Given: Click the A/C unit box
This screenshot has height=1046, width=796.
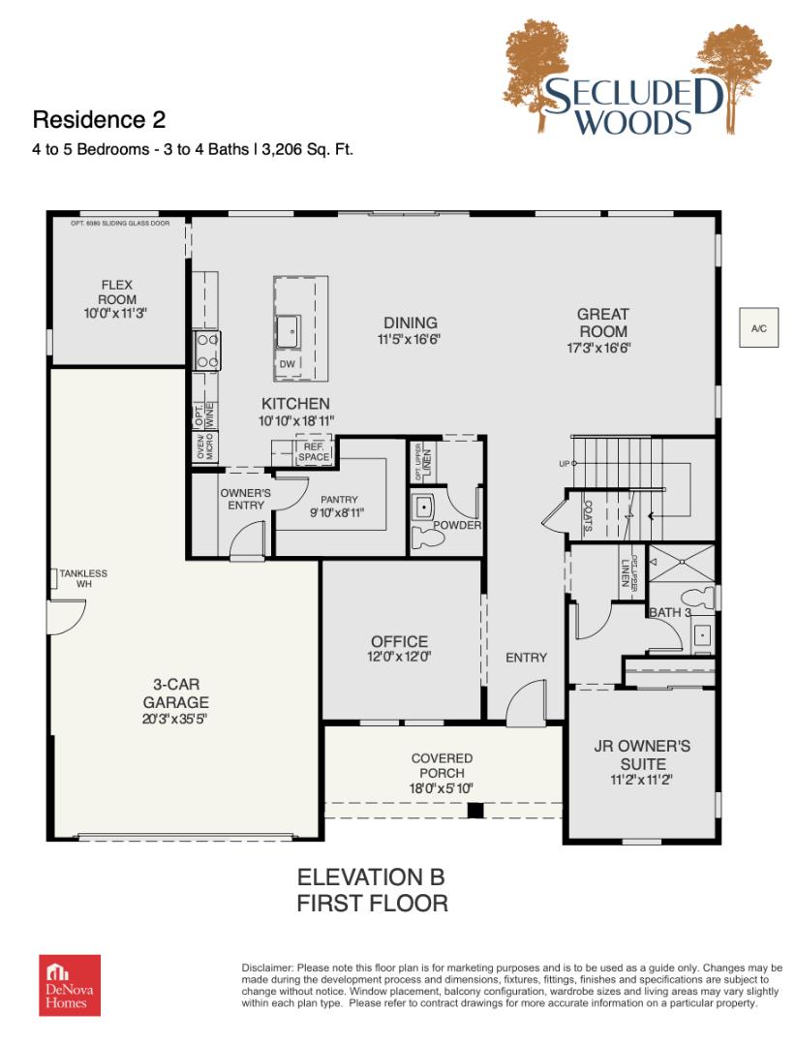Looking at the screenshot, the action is click(758, 327).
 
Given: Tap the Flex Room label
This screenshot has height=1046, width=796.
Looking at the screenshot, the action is click(117, 292).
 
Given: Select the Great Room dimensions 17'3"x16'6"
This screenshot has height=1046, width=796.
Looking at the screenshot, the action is click(598, 348).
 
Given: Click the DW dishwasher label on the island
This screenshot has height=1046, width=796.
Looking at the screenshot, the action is click(287, 363).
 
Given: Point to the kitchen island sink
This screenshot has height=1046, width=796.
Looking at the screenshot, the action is click(289, 332).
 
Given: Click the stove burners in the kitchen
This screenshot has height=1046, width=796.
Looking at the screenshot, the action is click(206, 351).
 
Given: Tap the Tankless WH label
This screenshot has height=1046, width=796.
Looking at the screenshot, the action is click(83, 578).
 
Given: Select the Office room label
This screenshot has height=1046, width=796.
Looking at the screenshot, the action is click(399, 642).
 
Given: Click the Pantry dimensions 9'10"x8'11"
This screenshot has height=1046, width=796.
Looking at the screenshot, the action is click(337, 513).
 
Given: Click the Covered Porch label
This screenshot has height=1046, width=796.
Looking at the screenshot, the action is click(442, 765).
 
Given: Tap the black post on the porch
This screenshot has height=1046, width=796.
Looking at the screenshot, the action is click(475, 811).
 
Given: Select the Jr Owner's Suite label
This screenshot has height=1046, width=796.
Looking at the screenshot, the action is click(642, 755).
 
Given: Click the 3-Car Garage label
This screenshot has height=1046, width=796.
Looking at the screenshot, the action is click(176, 693).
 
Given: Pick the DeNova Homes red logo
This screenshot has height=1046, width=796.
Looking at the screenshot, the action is click(70, 985).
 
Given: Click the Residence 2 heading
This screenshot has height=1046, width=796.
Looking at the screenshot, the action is click(99, 120).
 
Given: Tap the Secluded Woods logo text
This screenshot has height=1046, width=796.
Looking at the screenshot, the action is click(632, 107).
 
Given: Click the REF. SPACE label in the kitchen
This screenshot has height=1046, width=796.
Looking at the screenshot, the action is click(314, 451).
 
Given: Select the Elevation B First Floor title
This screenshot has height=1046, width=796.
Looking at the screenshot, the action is click(372, 890).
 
